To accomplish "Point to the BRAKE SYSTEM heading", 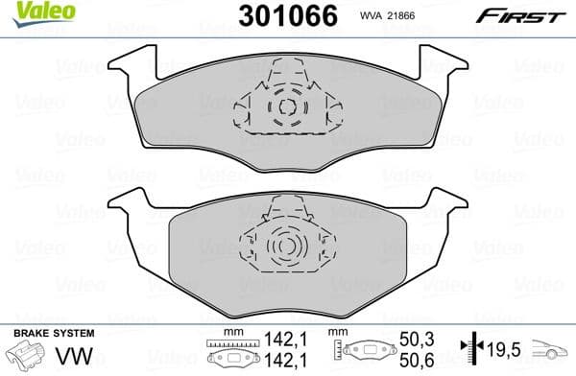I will point(52,333).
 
